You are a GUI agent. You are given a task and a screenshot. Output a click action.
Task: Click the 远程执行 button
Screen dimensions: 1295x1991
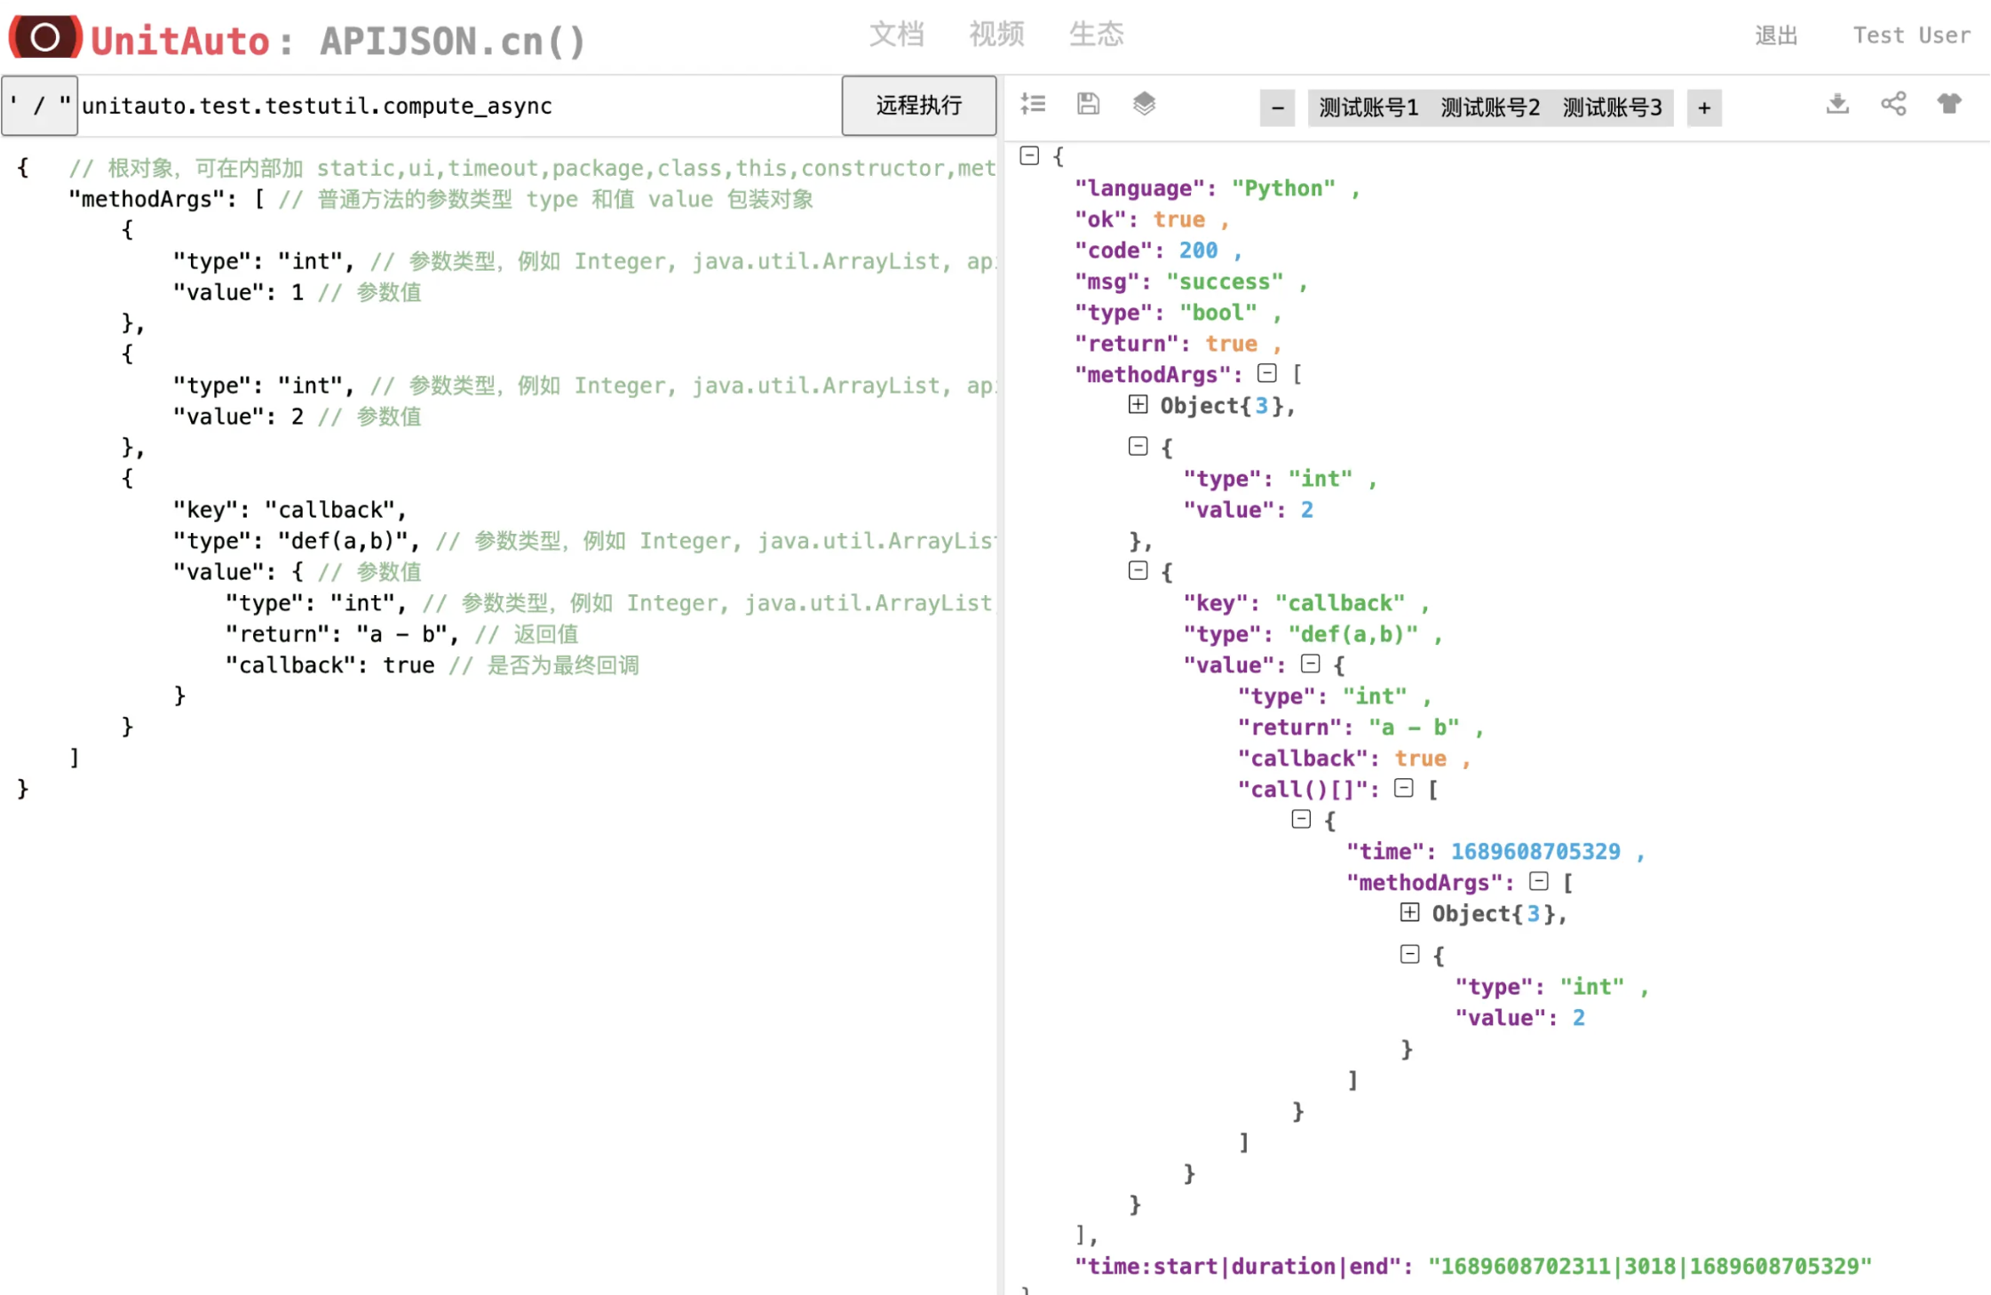(918, 106)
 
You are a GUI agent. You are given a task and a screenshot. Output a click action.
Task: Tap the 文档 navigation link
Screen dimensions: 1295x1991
(896, 35)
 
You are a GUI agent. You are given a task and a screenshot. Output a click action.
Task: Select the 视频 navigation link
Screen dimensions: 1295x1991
(995, 35)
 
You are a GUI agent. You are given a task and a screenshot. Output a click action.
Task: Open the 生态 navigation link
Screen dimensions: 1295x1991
(1096, 35)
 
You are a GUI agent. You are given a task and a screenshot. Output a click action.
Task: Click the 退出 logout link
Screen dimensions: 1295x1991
(1776, 36)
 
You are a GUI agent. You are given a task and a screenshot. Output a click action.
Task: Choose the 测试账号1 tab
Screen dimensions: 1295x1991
(1368, 107)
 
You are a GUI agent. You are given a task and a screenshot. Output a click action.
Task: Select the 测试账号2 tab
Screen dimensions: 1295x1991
(1489, 107)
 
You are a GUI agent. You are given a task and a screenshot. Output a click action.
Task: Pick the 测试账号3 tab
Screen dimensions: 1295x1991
(1611, 107)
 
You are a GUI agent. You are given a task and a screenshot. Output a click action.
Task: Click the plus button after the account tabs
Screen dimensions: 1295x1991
(1703, 107)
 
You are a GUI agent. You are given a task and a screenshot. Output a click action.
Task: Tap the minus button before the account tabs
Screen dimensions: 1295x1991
(1277, 107)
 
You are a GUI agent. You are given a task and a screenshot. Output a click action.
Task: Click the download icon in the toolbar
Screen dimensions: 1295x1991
(1837, 104)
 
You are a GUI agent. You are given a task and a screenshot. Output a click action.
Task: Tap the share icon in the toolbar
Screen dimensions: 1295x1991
(1893, 104)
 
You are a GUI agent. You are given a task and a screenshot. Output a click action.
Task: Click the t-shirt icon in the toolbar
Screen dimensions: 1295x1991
(1949, 104)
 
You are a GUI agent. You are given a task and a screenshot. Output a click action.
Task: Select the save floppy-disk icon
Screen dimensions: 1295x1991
(1088, 104)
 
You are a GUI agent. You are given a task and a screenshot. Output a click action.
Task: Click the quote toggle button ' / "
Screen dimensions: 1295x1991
(39, 106)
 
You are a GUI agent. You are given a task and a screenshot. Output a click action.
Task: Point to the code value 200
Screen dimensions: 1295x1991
(1198, 250)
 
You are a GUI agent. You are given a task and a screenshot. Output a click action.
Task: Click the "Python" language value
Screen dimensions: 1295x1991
(1282, 188)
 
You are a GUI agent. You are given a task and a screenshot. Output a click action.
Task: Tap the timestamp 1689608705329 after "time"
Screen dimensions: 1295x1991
(1535, 852)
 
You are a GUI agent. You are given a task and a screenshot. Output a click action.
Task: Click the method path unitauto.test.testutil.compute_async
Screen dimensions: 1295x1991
(317, 106)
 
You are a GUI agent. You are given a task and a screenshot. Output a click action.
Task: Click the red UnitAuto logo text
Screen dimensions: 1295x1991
(180, 41)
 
